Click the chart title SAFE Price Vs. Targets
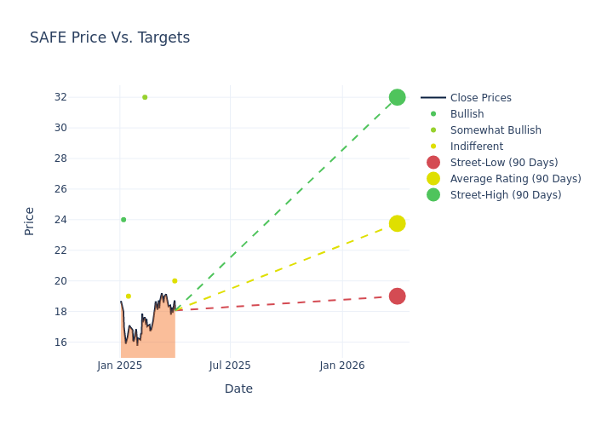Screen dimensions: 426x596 (110, 37)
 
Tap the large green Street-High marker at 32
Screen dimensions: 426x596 (397, 97)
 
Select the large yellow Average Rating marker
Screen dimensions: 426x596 (397, 223)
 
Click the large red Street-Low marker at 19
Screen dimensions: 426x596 (397, 296)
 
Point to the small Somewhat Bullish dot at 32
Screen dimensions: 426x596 (145, 97)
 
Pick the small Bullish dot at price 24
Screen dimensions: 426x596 (123, 220)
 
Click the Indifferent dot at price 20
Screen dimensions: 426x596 (175, 281)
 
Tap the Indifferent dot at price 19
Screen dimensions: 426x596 (129, 296)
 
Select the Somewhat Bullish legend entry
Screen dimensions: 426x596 (496, 130)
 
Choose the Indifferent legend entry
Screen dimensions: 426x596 (476, 147)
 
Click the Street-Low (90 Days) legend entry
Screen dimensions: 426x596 (503, 163)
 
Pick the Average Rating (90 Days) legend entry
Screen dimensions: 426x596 (515, 179)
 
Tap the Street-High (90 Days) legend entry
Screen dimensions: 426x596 (505, 195)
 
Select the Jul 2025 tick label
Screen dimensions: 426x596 (230, 366)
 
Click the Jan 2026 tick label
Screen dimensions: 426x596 (342, 366)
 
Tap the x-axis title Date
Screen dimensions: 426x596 (238, 389)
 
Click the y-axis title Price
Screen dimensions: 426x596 (30, 221)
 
